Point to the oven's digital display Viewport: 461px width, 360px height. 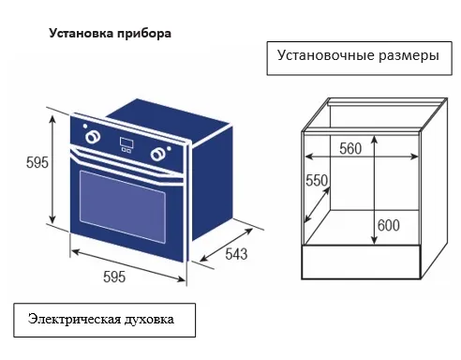[127, 145]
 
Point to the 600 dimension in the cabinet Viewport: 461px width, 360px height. [387, 225]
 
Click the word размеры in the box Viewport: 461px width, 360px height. [405, 56]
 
